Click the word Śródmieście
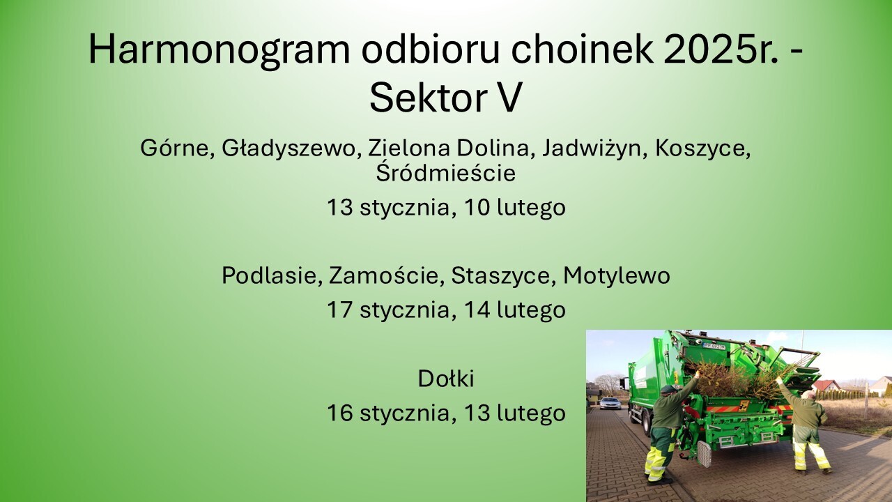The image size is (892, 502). (445, 173)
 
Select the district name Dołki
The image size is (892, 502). (446, 379)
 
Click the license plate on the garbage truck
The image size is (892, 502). (714, 345)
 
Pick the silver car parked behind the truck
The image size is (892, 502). (610, 403)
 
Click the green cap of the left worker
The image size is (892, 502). (668, 389)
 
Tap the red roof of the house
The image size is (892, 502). (826, 385)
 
